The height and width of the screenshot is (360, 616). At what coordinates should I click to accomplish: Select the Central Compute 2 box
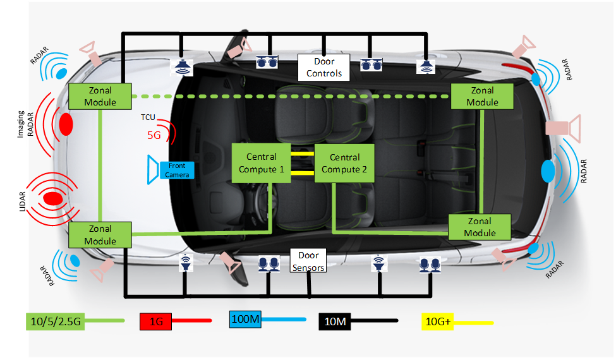click(x=344, y=163)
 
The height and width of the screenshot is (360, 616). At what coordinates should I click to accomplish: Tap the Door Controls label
click(x=323, y=68)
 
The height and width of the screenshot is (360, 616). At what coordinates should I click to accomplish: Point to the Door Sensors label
click(x=308, y=261)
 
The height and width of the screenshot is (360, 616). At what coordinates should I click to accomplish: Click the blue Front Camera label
click(x=177, y=170)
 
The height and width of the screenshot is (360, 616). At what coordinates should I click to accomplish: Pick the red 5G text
click(x=154, y=135)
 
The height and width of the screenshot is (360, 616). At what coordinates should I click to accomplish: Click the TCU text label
click(x=148, y=118)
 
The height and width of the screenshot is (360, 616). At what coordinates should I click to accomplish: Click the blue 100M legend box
click(x=246, y=320)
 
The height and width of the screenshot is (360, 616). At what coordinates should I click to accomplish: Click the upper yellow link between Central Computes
click(x=303, y=153)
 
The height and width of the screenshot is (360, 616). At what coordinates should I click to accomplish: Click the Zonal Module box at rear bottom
click(x=480, y=227)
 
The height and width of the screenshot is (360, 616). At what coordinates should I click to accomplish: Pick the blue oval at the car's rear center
click(x=548, y=171)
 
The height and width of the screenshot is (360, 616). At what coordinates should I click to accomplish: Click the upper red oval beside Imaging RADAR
click(x=66, y=123)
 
